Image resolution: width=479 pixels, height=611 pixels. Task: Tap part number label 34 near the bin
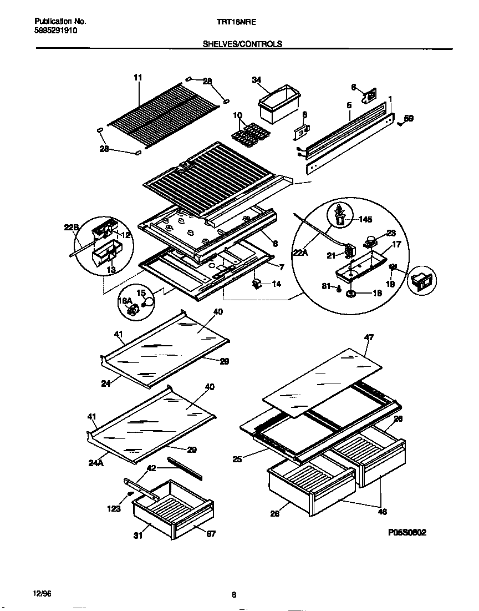click(256, 80)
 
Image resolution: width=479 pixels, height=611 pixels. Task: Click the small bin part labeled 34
click(279, 104)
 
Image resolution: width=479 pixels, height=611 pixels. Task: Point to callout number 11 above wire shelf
click(138, 78)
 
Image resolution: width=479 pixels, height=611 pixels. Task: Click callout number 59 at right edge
click(408, 118)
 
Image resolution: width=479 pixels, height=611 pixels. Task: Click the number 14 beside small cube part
click(276, 284)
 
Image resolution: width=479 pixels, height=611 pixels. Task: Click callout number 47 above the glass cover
click(369, 337)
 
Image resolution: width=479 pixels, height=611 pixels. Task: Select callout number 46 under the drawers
click(382, 512)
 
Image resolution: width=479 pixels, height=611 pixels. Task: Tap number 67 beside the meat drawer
click(211, 534)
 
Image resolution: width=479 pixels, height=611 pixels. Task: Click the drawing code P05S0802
click(407, 532)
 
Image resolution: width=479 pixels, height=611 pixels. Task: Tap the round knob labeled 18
click(351, 292)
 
